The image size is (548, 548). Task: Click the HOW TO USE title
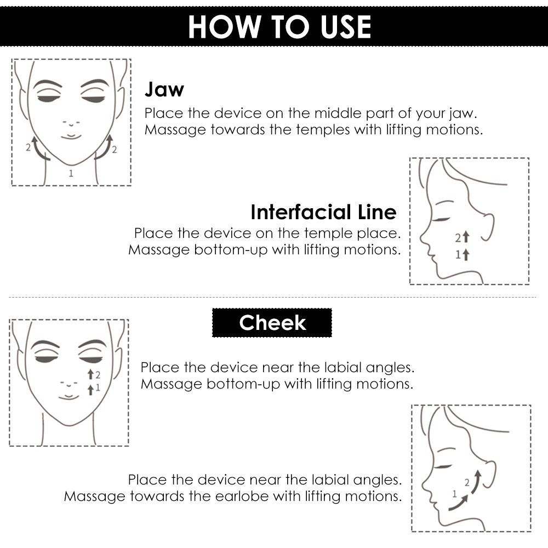click(279, 26)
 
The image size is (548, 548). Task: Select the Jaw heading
click(164, 89)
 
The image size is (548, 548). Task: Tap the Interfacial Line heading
click(324, 212)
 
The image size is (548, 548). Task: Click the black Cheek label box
click(272, 323)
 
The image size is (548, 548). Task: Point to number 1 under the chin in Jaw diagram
click(71, 173)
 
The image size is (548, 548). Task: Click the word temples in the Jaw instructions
click(323, 130)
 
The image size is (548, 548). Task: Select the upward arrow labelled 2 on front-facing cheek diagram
click(90, 374)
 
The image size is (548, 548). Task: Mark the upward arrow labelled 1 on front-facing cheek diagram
click(90, 389)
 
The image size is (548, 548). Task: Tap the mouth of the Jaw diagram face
click(71, 136)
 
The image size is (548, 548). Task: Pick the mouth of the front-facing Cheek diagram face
click(69, 396)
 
